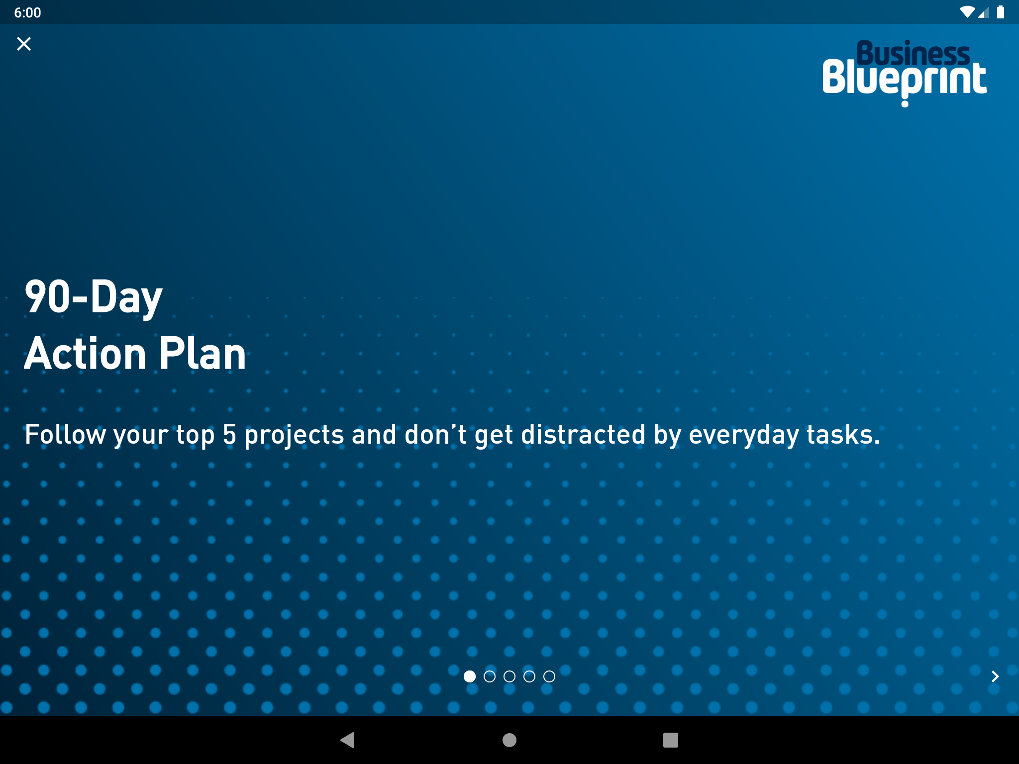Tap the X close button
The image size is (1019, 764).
coord(24,44)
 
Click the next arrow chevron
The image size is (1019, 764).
coord(995,676)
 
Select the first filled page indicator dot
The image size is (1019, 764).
coord(470,676)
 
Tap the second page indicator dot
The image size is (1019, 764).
coord(490,676)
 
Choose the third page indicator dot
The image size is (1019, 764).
coord(509,676)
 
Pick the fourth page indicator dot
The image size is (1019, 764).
coord(529,676)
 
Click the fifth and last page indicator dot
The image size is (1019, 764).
coord(549,676)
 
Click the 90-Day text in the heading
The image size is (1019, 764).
coord(94,296)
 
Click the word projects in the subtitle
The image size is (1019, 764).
coord(294,436)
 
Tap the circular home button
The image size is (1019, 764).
coord(509,740)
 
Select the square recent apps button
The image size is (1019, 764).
coord(671,740)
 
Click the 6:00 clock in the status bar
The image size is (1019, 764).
coord(27,12)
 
